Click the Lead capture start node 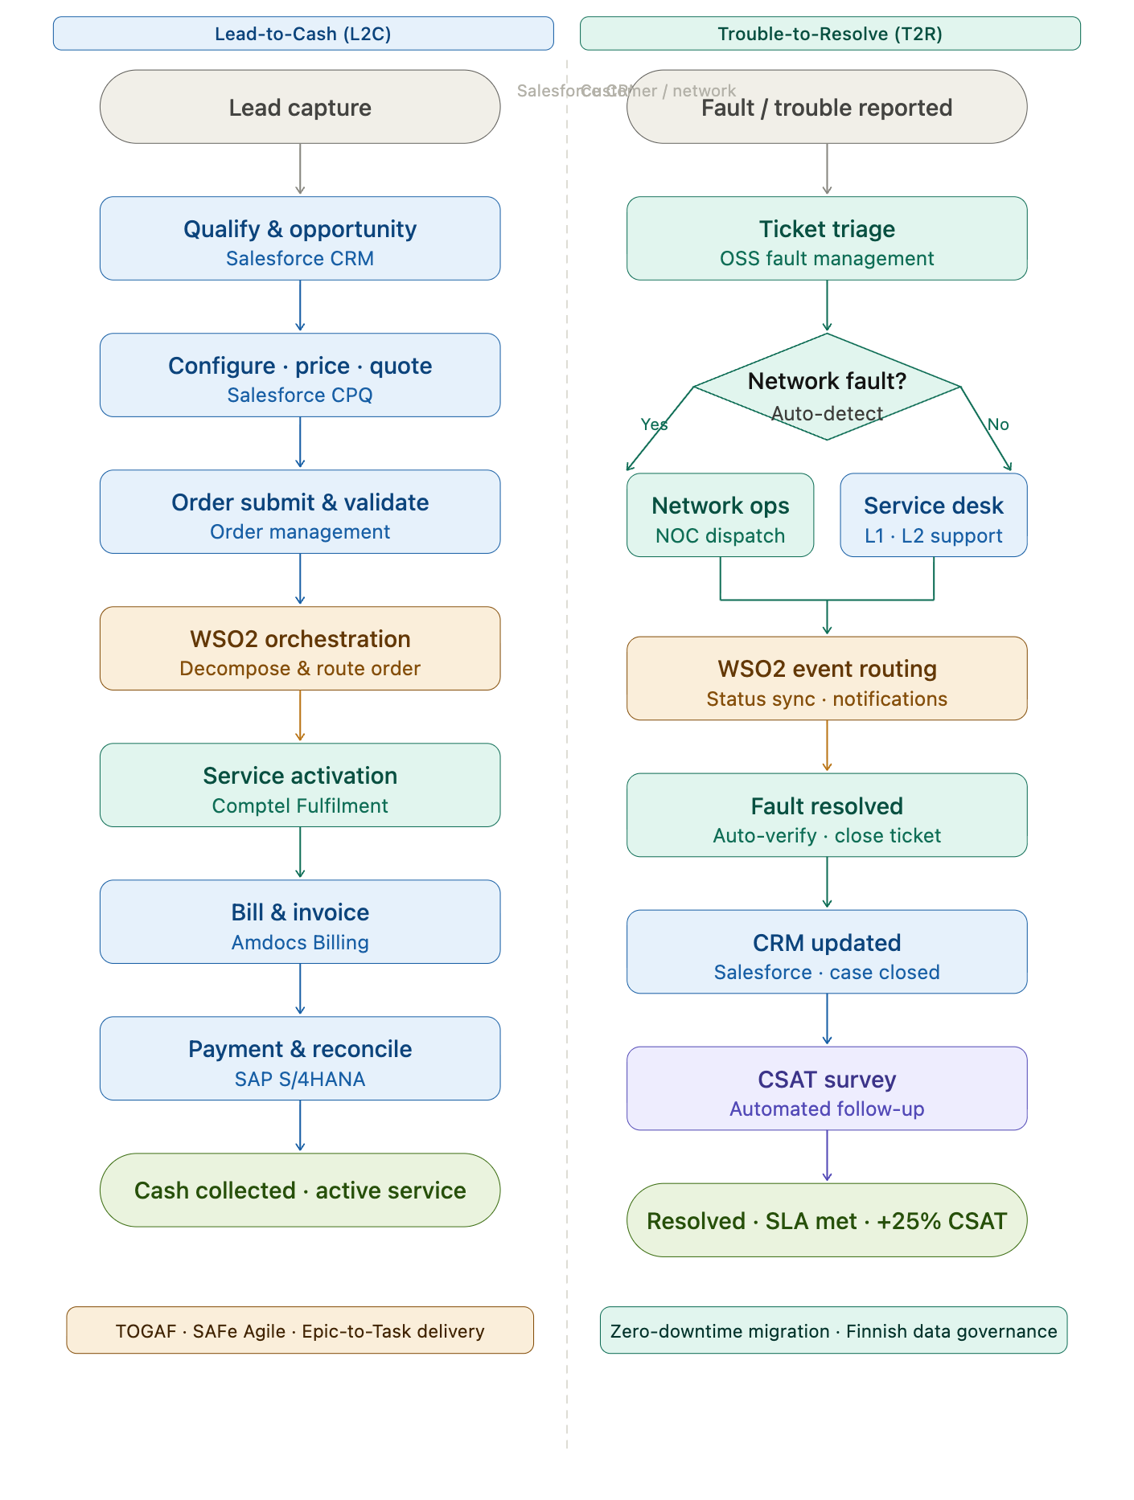[x=299, y=107]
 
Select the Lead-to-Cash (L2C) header [x=302, y=34]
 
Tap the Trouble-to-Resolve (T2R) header [x=830, y=34]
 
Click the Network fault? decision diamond [x=827, y=387]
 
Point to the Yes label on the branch [x=654, y=424]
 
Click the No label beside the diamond [x=998, y=424]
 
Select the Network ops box [x=720, y=515]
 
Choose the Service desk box [x=933, y=515]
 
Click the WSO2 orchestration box [x=299, y=649]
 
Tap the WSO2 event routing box [x=827, y=678]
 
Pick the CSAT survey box [x=827, y=1088]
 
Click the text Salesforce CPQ [x=299, y=395]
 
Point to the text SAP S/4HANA [x=299, y=1079]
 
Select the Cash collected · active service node [x=299, y=1190]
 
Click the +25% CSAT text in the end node [x=941, y=1221]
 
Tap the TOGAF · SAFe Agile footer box [x=299, y=1330]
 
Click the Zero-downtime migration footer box [x=833, y=1330]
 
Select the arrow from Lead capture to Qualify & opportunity [x=300, y=170]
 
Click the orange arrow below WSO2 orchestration [x=300, y=715]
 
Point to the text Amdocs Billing [x=299, y=942]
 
